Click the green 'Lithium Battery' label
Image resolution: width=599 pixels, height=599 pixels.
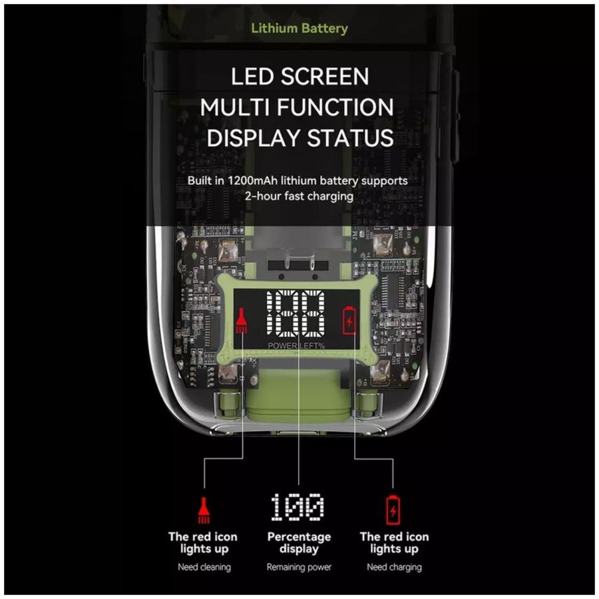pos(299,28)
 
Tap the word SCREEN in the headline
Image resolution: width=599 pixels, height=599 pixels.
pos(325,77)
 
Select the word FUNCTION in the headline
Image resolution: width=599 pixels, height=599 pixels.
pos(335,107)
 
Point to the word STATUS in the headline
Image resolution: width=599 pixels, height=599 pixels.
pos(350,138)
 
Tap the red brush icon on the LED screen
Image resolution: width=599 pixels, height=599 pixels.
pos(241,320)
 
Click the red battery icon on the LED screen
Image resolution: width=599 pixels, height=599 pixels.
pos(349,320)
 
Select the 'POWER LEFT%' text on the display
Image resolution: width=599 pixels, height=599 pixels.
pos(296,345)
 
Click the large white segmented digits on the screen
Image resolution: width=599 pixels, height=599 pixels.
pos(296,313)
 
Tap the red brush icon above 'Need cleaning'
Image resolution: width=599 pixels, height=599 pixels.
pos(204,510)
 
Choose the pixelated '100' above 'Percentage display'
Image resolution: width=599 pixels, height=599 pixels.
pos(298,507)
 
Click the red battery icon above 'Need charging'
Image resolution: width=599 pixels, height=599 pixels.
pos(393,510)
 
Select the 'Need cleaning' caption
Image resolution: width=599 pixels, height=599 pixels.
pos(204,567)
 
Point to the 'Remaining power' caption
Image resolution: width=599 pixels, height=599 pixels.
pos(299,567)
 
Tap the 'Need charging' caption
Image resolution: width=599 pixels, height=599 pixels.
pos(394,567)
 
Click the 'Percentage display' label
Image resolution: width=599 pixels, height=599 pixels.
pos(299,543)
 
